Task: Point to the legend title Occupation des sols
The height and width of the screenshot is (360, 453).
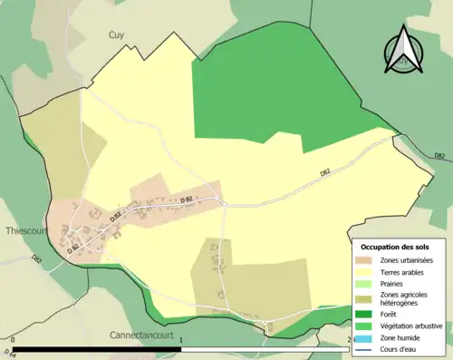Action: click(x=395, y=246)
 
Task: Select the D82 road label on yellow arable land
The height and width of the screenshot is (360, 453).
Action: click(x=324, y=173)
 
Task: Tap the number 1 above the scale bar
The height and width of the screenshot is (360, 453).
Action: click(x=182, y=341)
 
